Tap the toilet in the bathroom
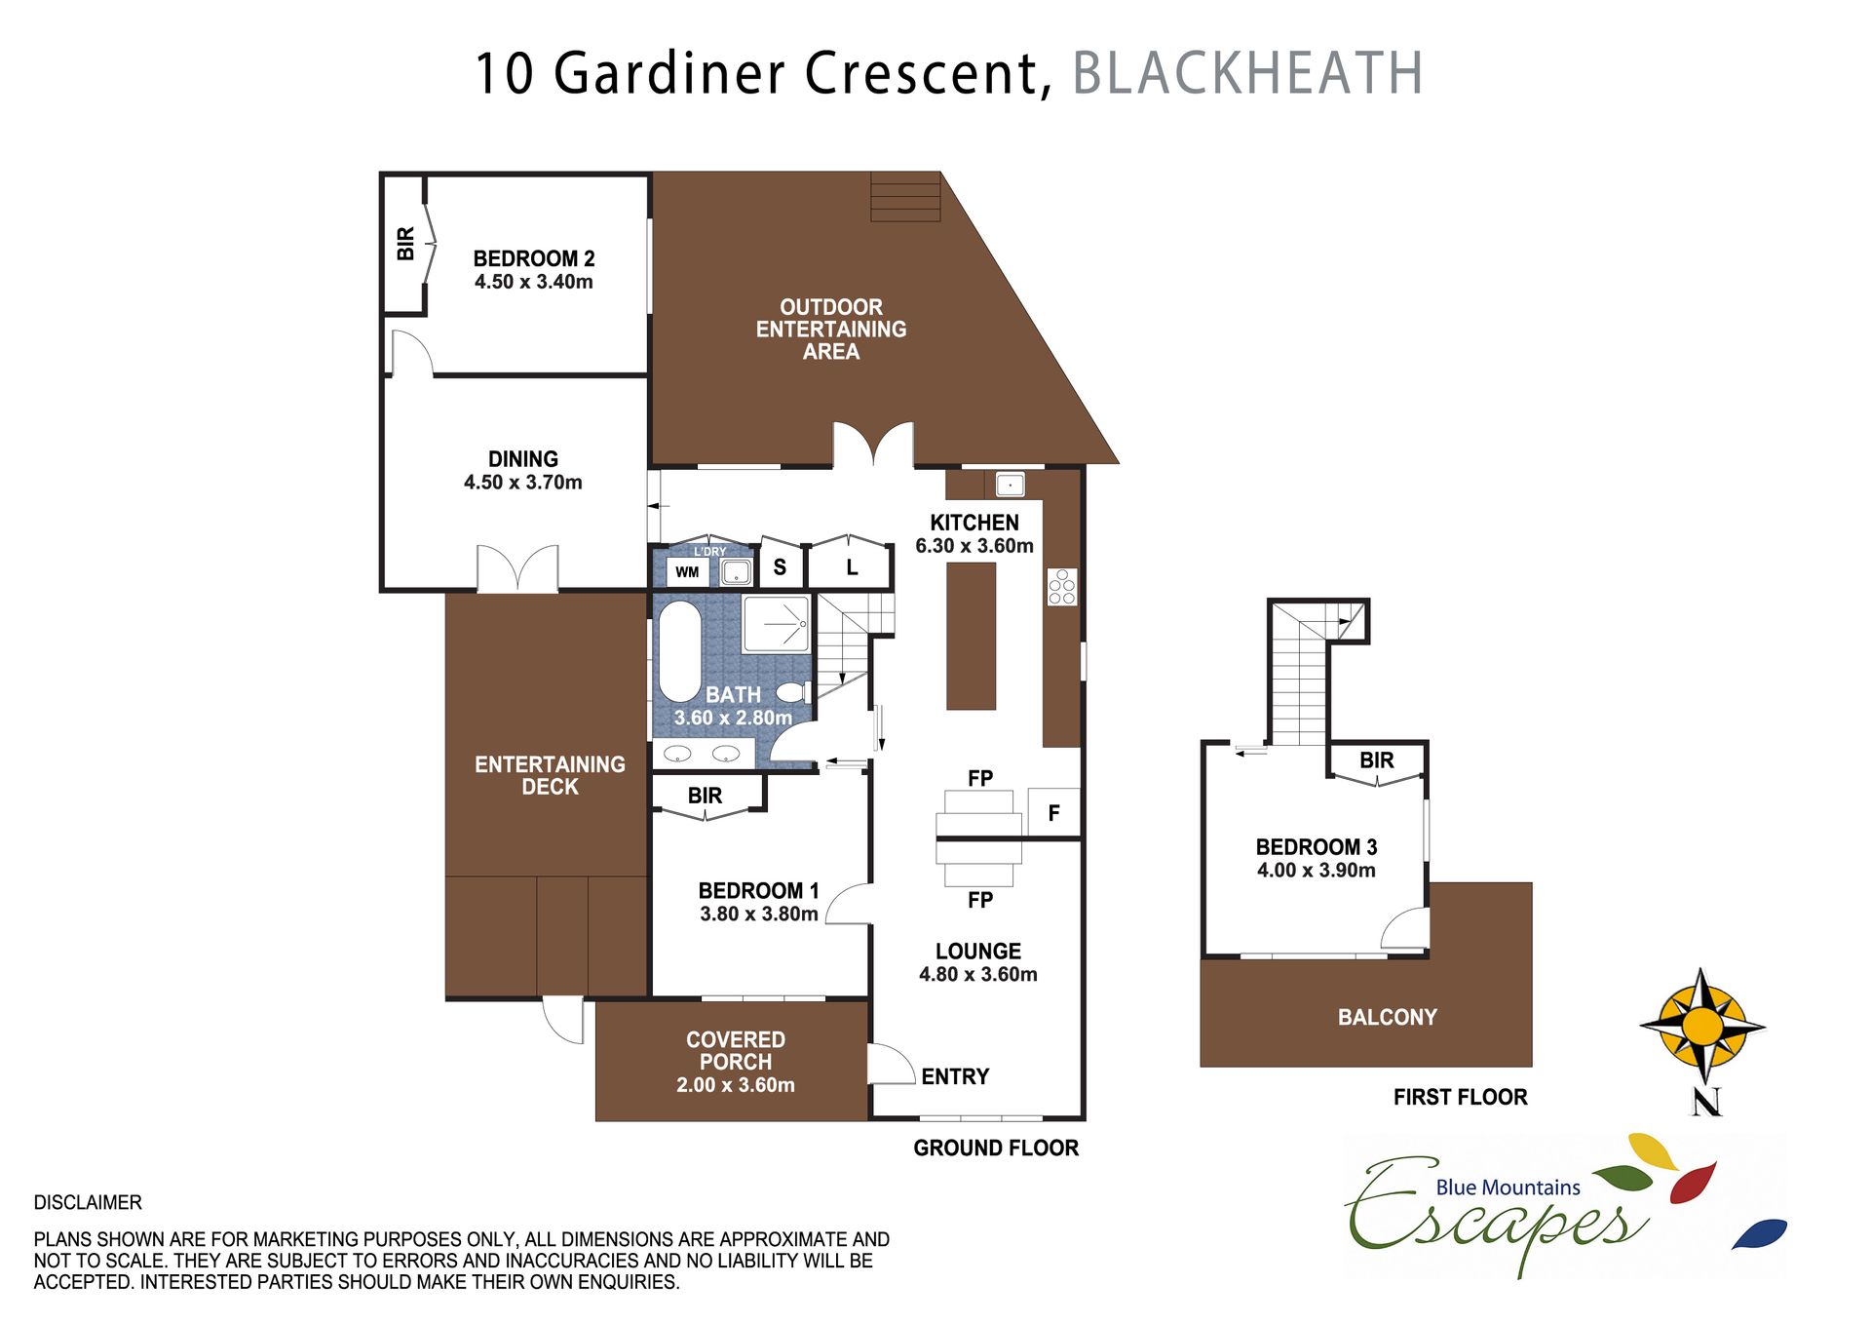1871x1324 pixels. pos(791,693)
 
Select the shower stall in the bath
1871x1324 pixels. pos(776,624)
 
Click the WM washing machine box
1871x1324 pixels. pos(687,572)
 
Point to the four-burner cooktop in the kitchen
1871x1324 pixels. pos(1062,586)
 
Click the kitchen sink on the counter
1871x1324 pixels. pos(1010,485)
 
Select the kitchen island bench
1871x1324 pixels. pos(971,636)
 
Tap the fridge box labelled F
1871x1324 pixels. pos(1053,813)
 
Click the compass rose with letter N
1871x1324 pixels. pos(1702,1029)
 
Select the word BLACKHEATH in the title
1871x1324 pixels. pos(1247,73)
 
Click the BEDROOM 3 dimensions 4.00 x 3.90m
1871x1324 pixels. pos(1316,871)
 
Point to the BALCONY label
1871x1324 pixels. pos(1387,1017)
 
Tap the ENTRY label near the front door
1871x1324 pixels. pos(955,1076)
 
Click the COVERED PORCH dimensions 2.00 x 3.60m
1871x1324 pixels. pos(735,1085)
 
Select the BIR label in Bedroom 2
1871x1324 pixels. pos(405,244)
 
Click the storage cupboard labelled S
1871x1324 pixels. pos(780,567)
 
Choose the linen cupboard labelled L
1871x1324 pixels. pos(852,567)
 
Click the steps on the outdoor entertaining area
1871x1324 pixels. pos(905,197)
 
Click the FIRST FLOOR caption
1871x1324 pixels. pos(1460,1097)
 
